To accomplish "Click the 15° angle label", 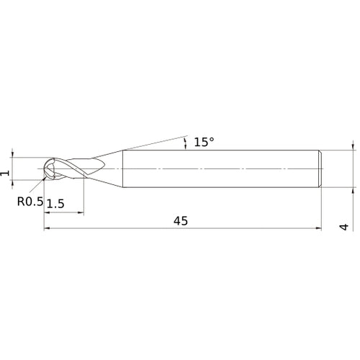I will (204, 142).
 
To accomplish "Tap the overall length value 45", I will (181, 221).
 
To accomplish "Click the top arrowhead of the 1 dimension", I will (13, 153).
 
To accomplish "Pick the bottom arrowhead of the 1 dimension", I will (13, 184).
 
